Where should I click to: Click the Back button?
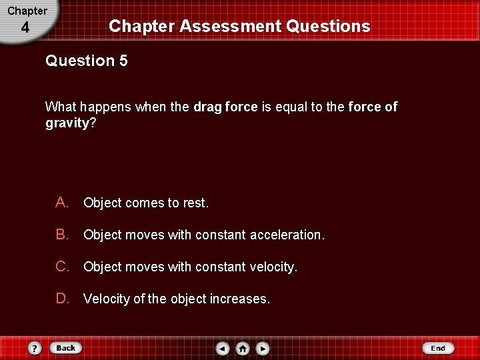click(65, 348)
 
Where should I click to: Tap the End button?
click(437, 348)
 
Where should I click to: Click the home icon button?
click(243, 348)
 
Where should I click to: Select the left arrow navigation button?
click(223, 348)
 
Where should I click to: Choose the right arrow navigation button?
click(263, 348)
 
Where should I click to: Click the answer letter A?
click(62, 203)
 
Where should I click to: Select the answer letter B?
click(62, 235)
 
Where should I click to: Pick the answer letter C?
click(62, 267)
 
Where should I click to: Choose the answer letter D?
click(62, 299)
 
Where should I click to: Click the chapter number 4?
click(25, 28)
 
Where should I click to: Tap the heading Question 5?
click(87, 61)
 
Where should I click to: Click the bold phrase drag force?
click(225, 107)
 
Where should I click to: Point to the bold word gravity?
click(67, 123)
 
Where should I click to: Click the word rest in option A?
click(195, 203)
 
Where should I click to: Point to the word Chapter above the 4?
click(27, 11)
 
